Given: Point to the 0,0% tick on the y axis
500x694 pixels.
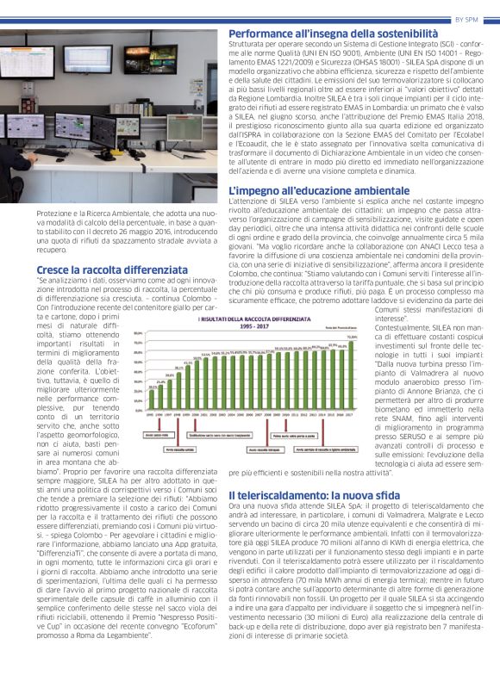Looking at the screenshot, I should click(139, 412).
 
